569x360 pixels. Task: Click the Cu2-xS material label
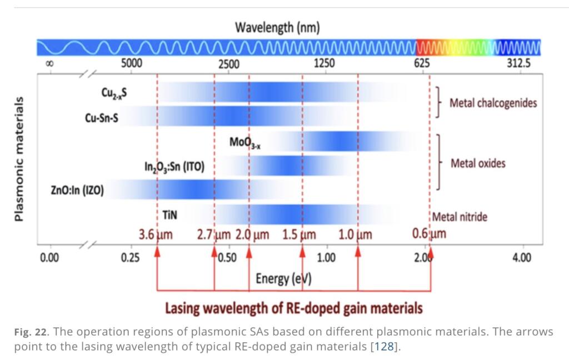(x=114, y=93)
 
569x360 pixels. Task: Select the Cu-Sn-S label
(x=101, y=117)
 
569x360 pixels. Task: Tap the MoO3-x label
(x=245, y=142)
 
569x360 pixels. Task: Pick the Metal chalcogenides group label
(x=493, y=103)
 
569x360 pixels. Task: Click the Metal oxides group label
(x=478, y=163)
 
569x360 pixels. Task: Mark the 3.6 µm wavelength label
(x=156, y=234)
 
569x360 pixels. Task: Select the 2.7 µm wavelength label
(x=213, y=234)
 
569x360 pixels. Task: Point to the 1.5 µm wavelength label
(x=299, y=234)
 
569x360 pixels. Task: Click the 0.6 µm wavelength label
(x=429, y=233)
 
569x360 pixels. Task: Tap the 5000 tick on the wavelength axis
(x=132, y=63)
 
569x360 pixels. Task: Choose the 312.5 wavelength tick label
(x=518, y=63)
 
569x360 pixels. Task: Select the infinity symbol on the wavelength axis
(x=49, y=64)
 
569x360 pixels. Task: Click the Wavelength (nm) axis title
(x=277, y=27)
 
